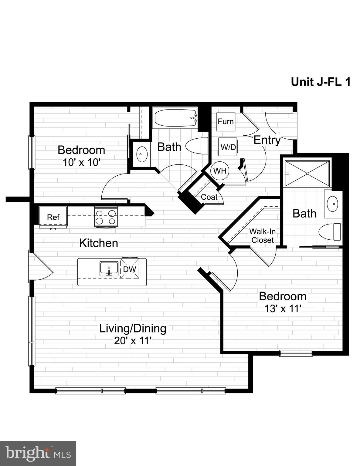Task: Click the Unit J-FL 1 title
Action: pos(321,82)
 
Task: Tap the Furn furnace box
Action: pos(226,122)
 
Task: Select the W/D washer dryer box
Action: pos(228,147)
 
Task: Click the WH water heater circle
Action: pos(220,171)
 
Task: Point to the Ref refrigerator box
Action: pos(53,216)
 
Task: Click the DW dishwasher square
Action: pos(130,269)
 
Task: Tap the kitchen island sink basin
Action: pos(109,268)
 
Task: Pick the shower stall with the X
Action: pos(307,173)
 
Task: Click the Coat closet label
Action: pos(209,197)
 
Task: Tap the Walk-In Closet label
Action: pos(262,236)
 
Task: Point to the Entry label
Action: pos(267,140)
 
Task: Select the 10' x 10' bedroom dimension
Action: pos(81,162)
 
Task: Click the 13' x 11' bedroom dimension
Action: pos(283,309)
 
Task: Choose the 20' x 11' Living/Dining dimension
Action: pos(133,341)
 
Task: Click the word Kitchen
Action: pos(99,243)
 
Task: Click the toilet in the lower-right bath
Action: pos(330,232)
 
